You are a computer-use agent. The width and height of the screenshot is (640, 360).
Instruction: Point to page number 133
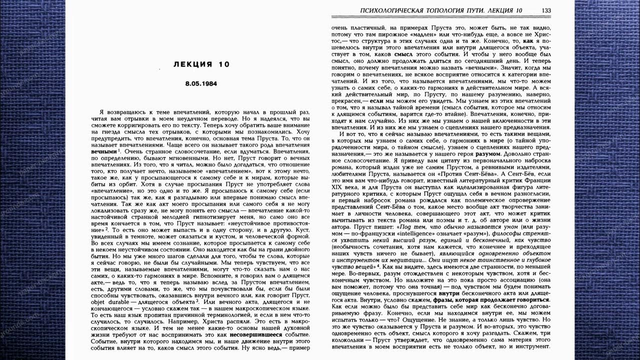[546, 10]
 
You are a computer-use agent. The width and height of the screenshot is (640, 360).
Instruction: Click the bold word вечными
[104, 150]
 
